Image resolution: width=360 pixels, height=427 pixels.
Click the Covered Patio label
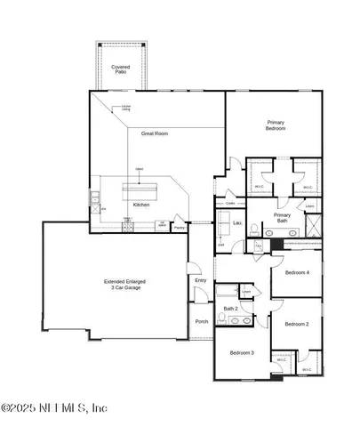coord(120,69)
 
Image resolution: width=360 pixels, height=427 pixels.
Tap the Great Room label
coord(155,133)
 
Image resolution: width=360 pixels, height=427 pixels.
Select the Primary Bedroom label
coord(276,125)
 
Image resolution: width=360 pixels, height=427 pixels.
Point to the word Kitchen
coord(141,205)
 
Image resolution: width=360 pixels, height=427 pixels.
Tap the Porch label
coord(201,322)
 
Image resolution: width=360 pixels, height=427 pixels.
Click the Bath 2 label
coord(229,309)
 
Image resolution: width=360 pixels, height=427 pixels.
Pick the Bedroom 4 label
coord(296,272)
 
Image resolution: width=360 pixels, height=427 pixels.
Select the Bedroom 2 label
coord(296,325)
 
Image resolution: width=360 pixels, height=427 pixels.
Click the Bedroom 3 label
coord(242,352)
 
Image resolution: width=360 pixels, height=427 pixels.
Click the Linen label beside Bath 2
coord(245,291)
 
